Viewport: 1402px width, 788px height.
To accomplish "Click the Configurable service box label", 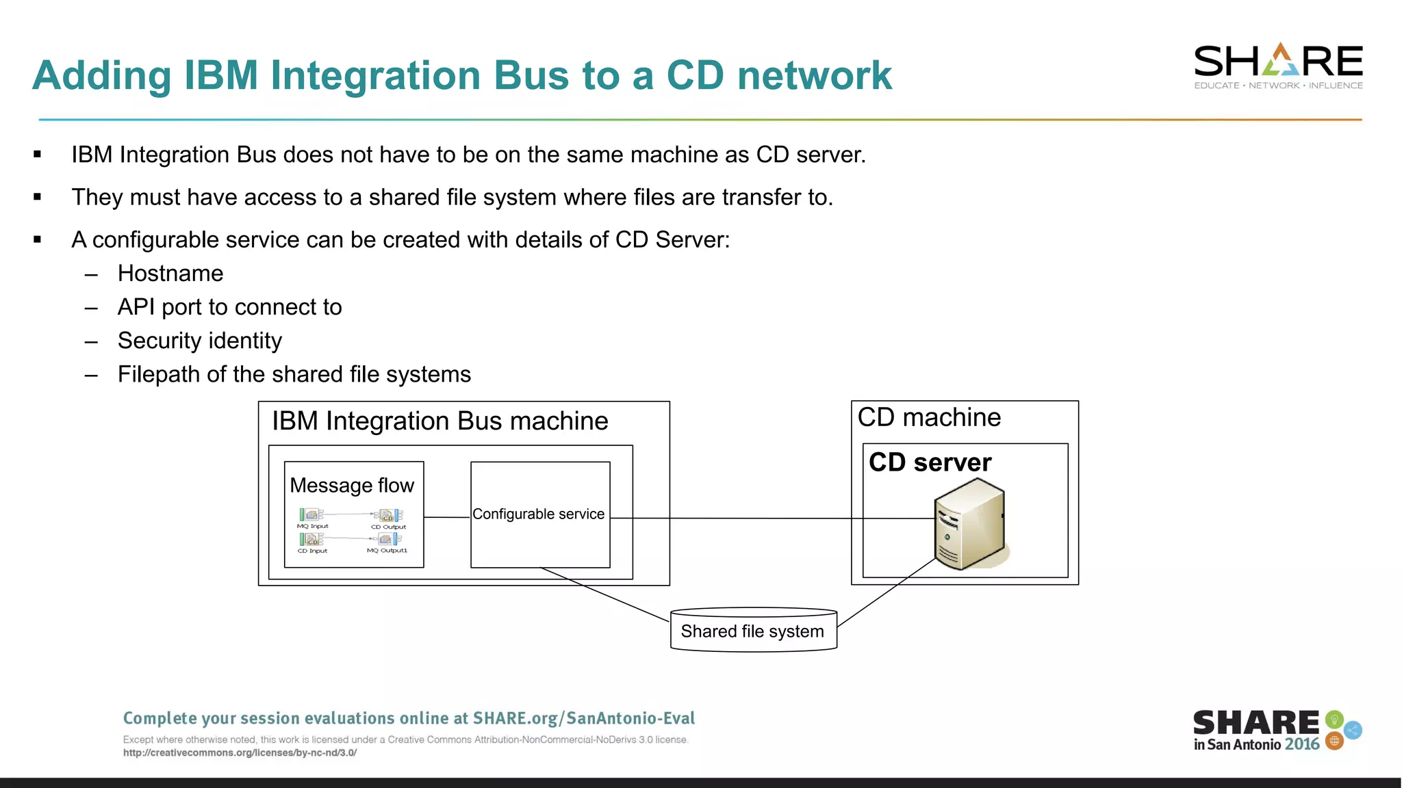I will pos(539,514).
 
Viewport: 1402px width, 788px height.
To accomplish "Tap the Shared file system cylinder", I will pos(753,630).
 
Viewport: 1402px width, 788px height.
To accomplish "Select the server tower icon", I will pos(969,525).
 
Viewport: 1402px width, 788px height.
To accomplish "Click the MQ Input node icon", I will pos(311,514).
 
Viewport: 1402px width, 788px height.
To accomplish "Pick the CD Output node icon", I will pos(389,515).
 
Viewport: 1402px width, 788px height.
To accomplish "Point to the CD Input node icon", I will pos(311,540).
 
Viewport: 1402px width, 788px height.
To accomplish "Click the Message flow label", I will pos(352,485).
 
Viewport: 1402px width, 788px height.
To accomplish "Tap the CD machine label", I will pos(929,417).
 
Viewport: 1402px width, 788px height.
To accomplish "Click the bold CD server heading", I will pos(930,462).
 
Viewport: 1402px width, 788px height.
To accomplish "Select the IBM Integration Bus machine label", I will pos(439,421).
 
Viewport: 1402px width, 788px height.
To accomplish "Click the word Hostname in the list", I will pos(170,274).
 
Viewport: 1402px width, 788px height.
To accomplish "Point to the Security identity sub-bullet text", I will pos(199,341).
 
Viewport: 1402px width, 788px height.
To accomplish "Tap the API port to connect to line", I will pos(229,307).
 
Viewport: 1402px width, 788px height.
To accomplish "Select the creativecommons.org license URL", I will pos(240,752).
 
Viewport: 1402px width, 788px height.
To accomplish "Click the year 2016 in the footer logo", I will pos(1301,744).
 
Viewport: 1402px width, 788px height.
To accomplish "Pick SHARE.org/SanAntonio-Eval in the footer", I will pos(583,718).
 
